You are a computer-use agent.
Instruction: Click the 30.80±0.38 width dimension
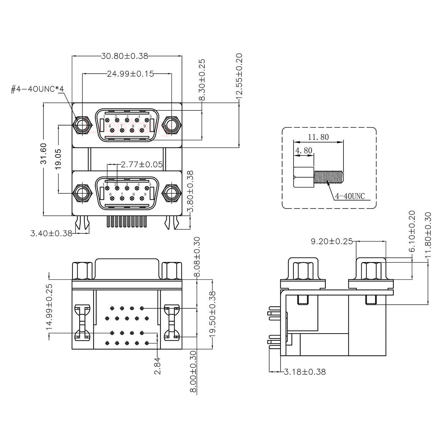[125, 56]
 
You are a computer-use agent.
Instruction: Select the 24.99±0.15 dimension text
[130, 74]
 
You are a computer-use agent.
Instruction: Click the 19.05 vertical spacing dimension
[58, 158]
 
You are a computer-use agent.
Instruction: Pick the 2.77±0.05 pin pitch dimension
[142, 165]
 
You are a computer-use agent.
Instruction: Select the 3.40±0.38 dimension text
[51, 233]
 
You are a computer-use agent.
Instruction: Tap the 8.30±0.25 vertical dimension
[202, 80]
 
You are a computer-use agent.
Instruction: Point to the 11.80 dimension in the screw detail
[318, 137]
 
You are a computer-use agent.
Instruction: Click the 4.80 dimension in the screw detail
[304, 151]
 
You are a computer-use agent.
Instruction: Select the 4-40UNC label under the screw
[350, 196]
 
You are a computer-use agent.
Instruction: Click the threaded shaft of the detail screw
[329, 177]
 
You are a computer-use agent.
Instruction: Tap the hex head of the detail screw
[304, 177]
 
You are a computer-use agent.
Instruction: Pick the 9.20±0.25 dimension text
[331, 241]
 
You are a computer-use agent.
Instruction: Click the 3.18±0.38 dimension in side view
[305, 372]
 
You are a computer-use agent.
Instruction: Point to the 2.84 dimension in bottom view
[158, 366]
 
